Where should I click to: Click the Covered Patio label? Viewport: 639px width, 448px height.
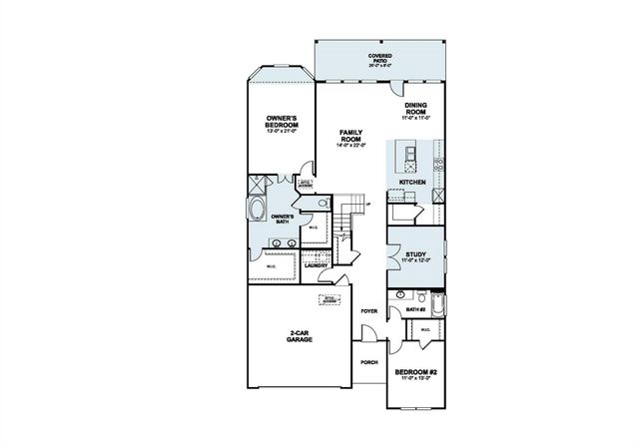(x=379, y=58)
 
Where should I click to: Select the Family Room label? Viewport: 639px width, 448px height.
(x=349, y=137)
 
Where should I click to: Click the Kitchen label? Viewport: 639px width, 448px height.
(x=413, y=184)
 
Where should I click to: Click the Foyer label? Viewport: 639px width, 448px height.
(x=368, y=311)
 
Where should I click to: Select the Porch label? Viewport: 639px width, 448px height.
(x=368, y=361)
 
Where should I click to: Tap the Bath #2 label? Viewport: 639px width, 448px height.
(x=417, y=310)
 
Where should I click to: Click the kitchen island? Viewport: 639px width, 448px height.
(x=407, y=152)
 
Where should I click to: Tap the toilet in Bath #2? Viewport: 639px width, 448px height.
(x=400, y=295)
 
